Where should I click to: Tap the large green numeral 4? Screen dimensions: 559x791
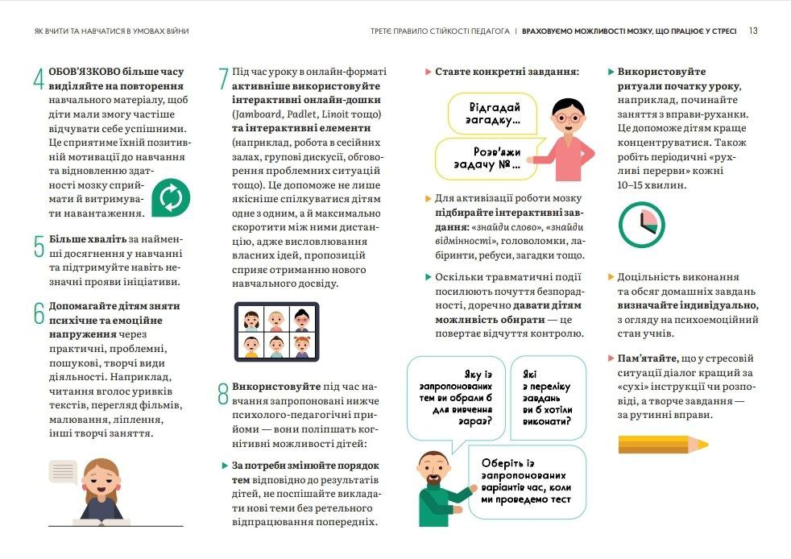point(38,81)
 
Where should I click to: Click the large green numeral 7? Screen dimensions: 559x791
point(223,79)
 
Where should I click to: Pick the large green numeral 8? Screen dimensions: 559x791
point(223,394)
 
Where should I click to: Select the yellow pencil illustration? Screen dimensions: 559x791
point(663,443)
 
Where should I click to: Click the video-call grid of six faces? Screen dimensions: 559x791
point(276,332)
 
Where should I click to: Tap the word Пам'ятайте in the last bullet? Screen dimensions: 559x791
point(644,358)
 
